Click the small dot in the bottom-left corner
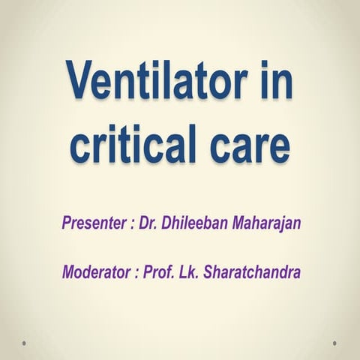pos(25,343)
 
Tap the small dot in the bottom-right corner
pos(334,343)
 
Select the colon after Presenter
pos(131,224)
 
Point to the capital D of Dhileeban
pos(169,223)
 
